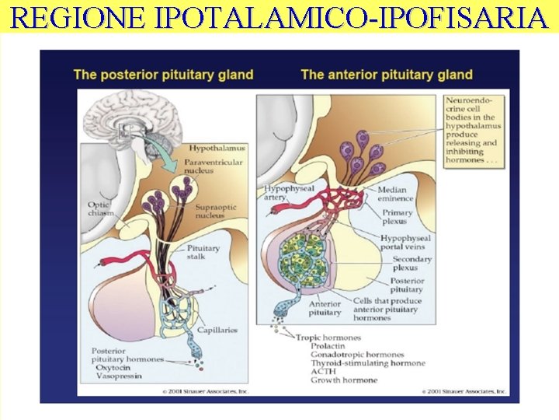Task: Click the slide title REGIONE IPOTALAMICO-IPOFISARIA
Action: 279,16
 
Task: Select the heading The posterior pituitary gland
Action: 163,75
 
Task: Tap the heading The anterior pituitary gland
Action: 387,75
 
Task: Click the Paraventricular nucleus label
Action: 213,166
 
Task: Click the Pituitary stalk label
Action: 203,252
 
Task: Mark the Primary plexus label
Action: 398,216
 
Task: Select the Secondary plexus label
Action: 412,264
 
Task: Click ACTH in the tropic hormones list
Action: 323,371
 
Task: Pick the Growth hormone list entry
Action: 344,380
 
